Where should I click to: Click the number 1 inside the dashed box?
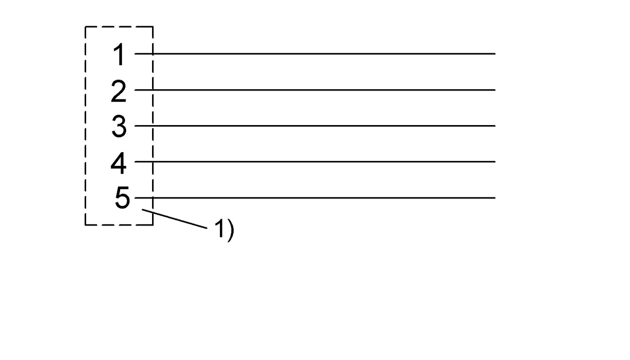point(119,54)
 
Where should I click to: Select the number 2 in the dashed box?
point(119,91)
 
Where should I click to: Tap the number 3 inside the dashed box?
point(119,127)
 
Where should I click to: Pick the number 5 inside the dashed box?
point(123,197)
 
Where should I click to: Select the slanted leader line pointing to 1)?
point(174,219)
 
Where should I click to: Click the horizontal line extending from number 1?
point(315,54)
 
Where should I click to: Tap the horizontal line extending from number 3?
point(315,126)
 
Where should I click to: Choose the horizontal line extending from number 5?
point(315,198)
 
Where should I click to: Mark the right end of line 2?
point(495,90)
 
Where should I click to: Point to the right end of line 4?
point(495,162)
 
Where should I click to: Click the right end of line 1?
point(495,54)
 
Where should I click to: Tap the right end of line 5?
point(495,198)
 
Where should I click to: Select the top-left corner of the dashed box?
point(86,27)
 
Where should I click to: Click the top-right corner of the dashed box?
point(153,27)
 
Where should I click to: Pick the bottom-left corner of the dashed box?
point(86,225)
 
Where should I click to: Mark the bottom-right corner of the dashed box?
point(153,225)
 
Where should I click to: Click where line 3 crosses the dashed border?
point(153,126)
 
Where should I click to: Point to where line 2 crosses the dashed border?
point(153,90)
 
